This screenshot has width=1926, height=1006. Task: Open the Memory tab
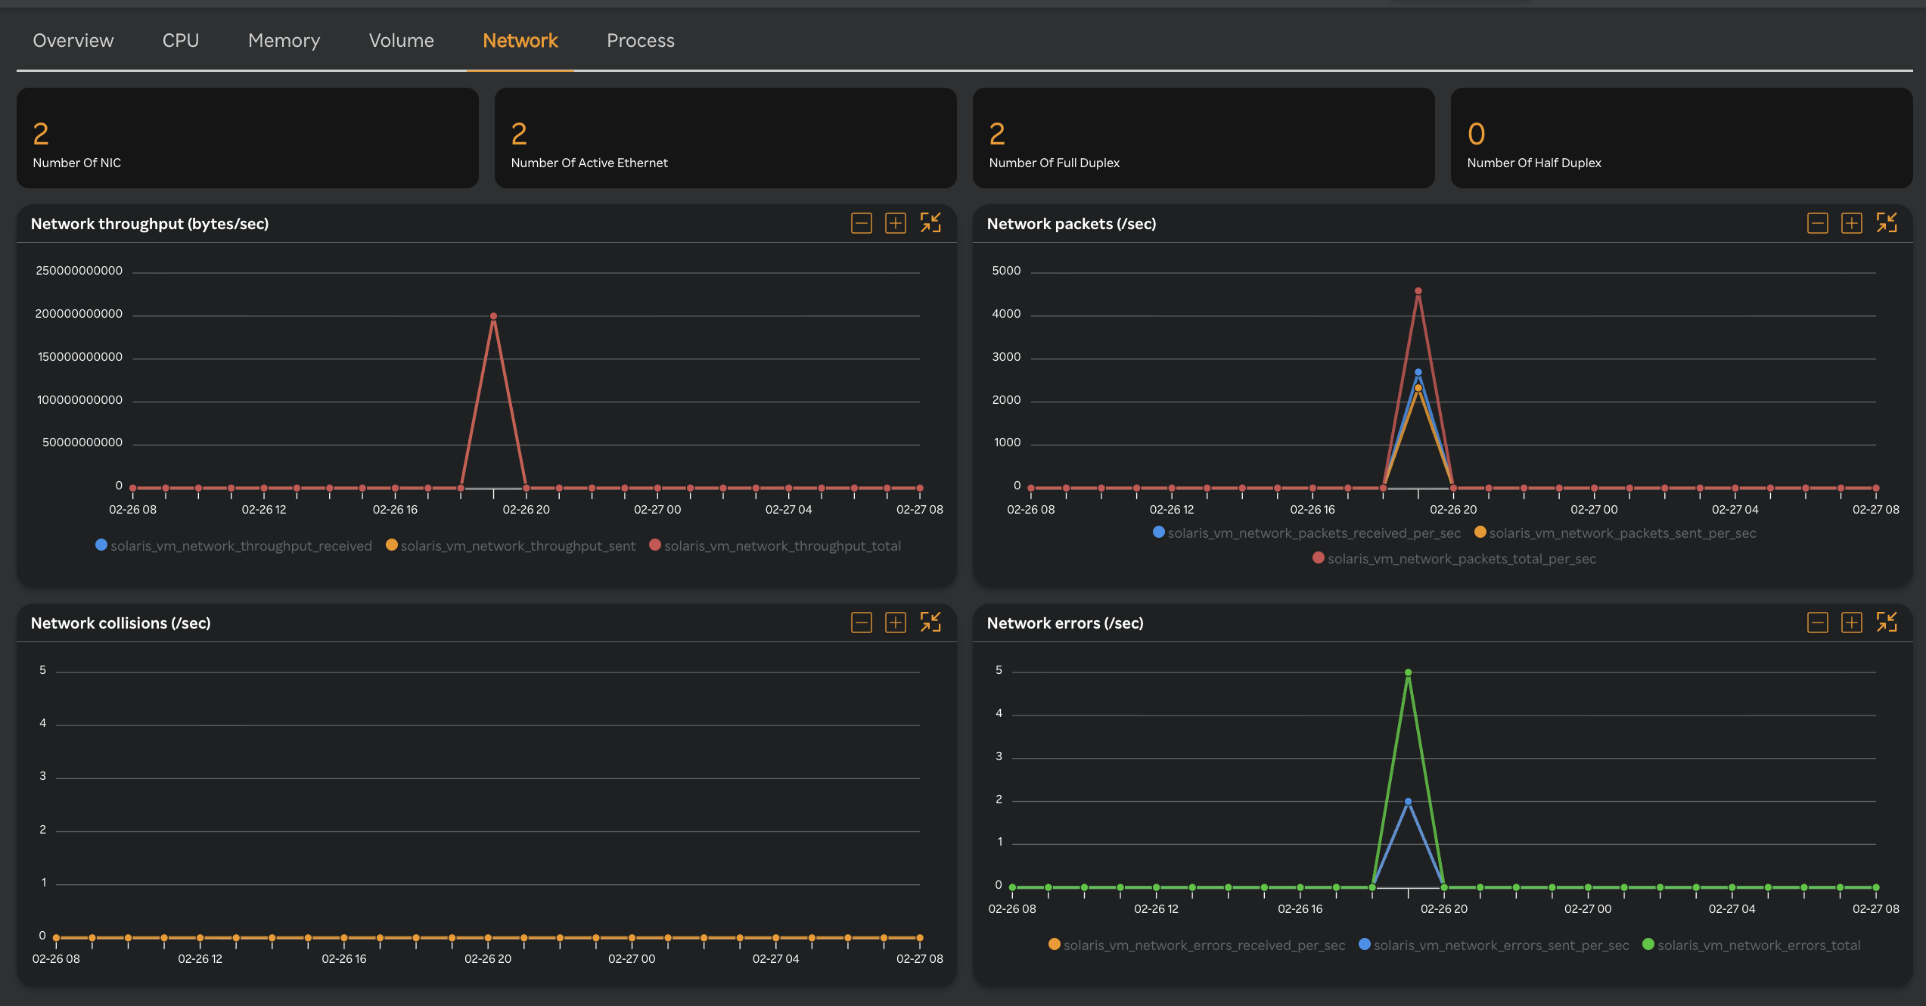point(284,40)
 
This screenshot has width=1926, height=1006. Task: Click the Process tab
point(640,40)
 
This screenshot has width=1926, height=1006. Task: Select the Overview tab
point(73,40)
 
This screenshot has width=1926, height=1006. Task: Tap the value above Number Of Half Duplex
point(1476,135)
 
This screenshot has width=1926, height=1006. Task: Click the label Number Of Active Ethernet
point(589,163)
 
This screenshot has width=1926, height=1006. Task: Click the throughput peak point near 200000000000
point(493,316)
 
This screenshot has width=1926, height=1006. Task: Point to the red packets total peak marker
point(1418,291)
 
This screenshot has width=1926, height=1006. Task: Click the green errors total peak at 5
point(1408,672)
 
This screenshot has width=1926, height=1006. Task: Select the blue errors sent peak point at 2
point(1408,802)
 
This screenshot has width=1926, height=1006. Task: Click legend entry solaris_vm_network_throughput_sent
point(517,546)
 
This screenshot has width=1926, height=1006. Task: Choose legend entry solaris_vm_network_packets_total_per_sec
point(1461,559)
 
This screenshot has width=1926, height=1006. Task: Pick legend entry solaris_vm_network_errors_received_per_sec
point(1204,945)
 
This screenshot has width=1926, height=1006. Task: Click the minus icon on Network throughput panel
point(861,223)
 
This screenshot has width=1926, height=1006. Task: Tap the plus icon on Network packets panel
point(1851,223)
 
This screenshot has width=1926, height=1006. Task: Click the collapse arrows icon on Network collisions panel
point(930,623)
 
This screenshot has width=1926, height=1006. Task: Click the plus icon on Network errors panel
point(1851,623)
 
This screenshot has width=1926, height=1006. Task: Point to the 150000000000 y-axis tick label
point(80,357)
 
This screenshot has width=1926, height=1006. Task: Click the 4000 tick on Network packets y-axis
point(1006,314)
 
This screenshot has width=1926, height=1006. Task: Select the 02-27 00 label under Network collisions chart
point(632,959)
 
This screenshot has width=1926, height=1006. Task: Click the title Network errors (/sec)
point(1064,623)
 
